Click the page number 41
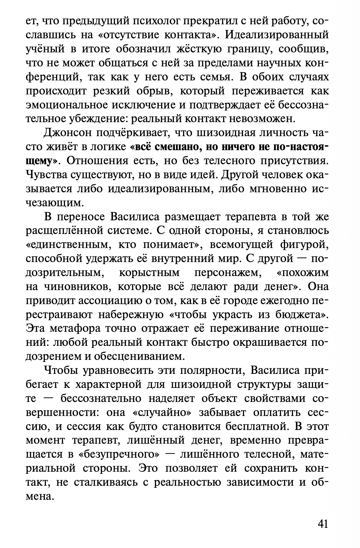[x=323, y=524]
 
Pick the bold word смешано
[x=175, y=146]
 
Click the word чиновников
[x=67, y=286]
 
